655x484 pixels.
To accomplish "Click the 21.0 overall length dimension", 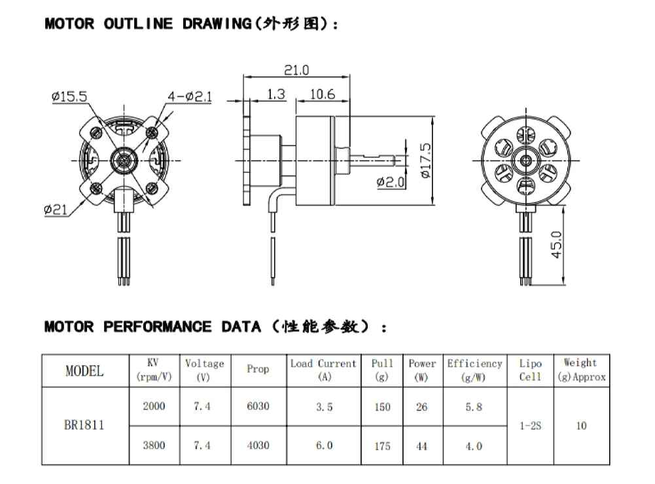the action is (x=296, y=70).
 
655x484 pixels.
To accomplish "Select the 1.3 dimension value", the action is (x=275, y=94).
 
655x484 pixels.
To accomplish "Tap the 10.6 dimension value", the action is (x=323, y=94).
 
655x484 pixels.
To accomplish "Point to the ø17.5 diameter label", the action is (x=425, y=160).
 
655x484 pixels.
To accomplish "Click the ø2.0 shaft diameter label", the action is (x=391, y=182).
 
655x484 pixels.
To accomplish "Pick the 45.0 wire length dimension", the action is (x=556, y=245).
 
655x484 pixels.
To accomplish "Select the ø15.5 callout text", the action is (x=69, y=96).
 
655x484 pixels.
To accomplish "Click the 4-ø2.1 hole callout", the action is (x=190, y=97).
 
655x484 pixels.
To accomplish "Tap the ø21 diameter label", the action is (x=56, y=209).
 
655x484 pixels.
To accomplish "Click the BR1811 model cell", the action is (x=84, y=425).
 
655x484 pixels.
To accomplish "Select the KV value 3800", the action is (x=154, y=445).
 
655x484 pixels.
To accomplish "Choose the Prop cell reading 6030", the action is (x=258, y=406).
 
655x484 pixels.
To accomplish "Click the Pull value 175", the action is (x=382, y=446).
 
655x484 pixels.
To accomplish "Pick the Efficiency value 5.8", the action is (x=474, y=407).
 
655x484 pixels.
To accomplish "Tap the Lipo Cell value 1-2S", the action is (x=530, y=426).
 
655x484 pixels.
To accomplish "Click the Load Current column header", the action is (x=323, y=370).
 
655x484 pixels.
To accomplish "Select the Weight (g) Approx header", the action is (x=581, y=370).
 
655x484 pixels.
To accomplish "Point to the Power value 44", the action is (x=422, y=446).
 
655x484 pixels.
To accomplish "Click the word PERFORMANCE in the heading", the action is (x=157, y=326).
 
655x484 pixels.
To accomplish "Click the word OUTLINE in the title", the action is (x=138, y=24).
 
